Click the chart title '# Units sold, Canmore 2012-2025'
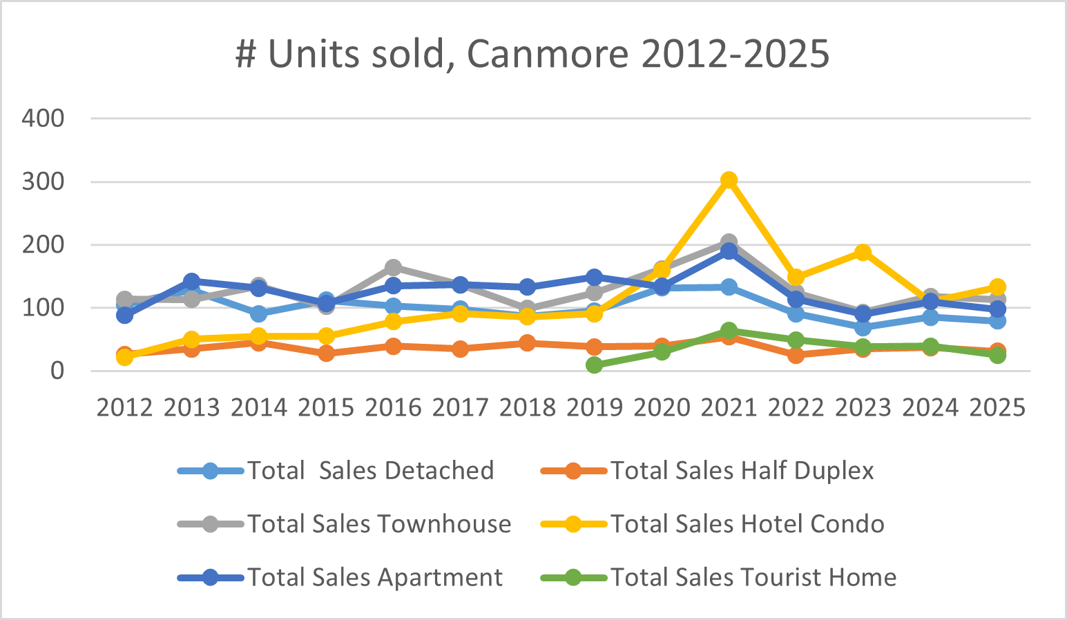coord(532,54)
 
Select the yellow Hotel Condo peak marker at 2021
coord(729,180)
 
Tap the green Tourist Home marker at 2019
coord(595,365)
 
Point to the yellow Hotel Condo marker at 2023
coord(863,252)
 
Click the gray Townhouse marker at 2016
coord(393,267)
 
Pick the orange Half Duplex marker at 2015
coord(326,353)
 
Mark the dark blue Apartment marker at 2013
coord(191,281)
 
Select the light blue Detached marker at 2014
coord(259,314)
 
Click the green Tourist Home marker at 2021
coord(729,330)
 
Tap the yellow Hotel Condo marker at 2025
coord(997,287)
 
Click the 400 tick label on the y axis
coord(43,118)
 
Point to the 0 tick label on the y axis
coord(57,371)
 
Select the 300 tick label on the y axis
coord(43,182)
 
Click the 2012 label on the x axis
coord(124,407)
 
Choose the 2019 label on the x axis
coord(595,407)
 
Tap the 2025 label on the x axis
coord(997,407)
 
